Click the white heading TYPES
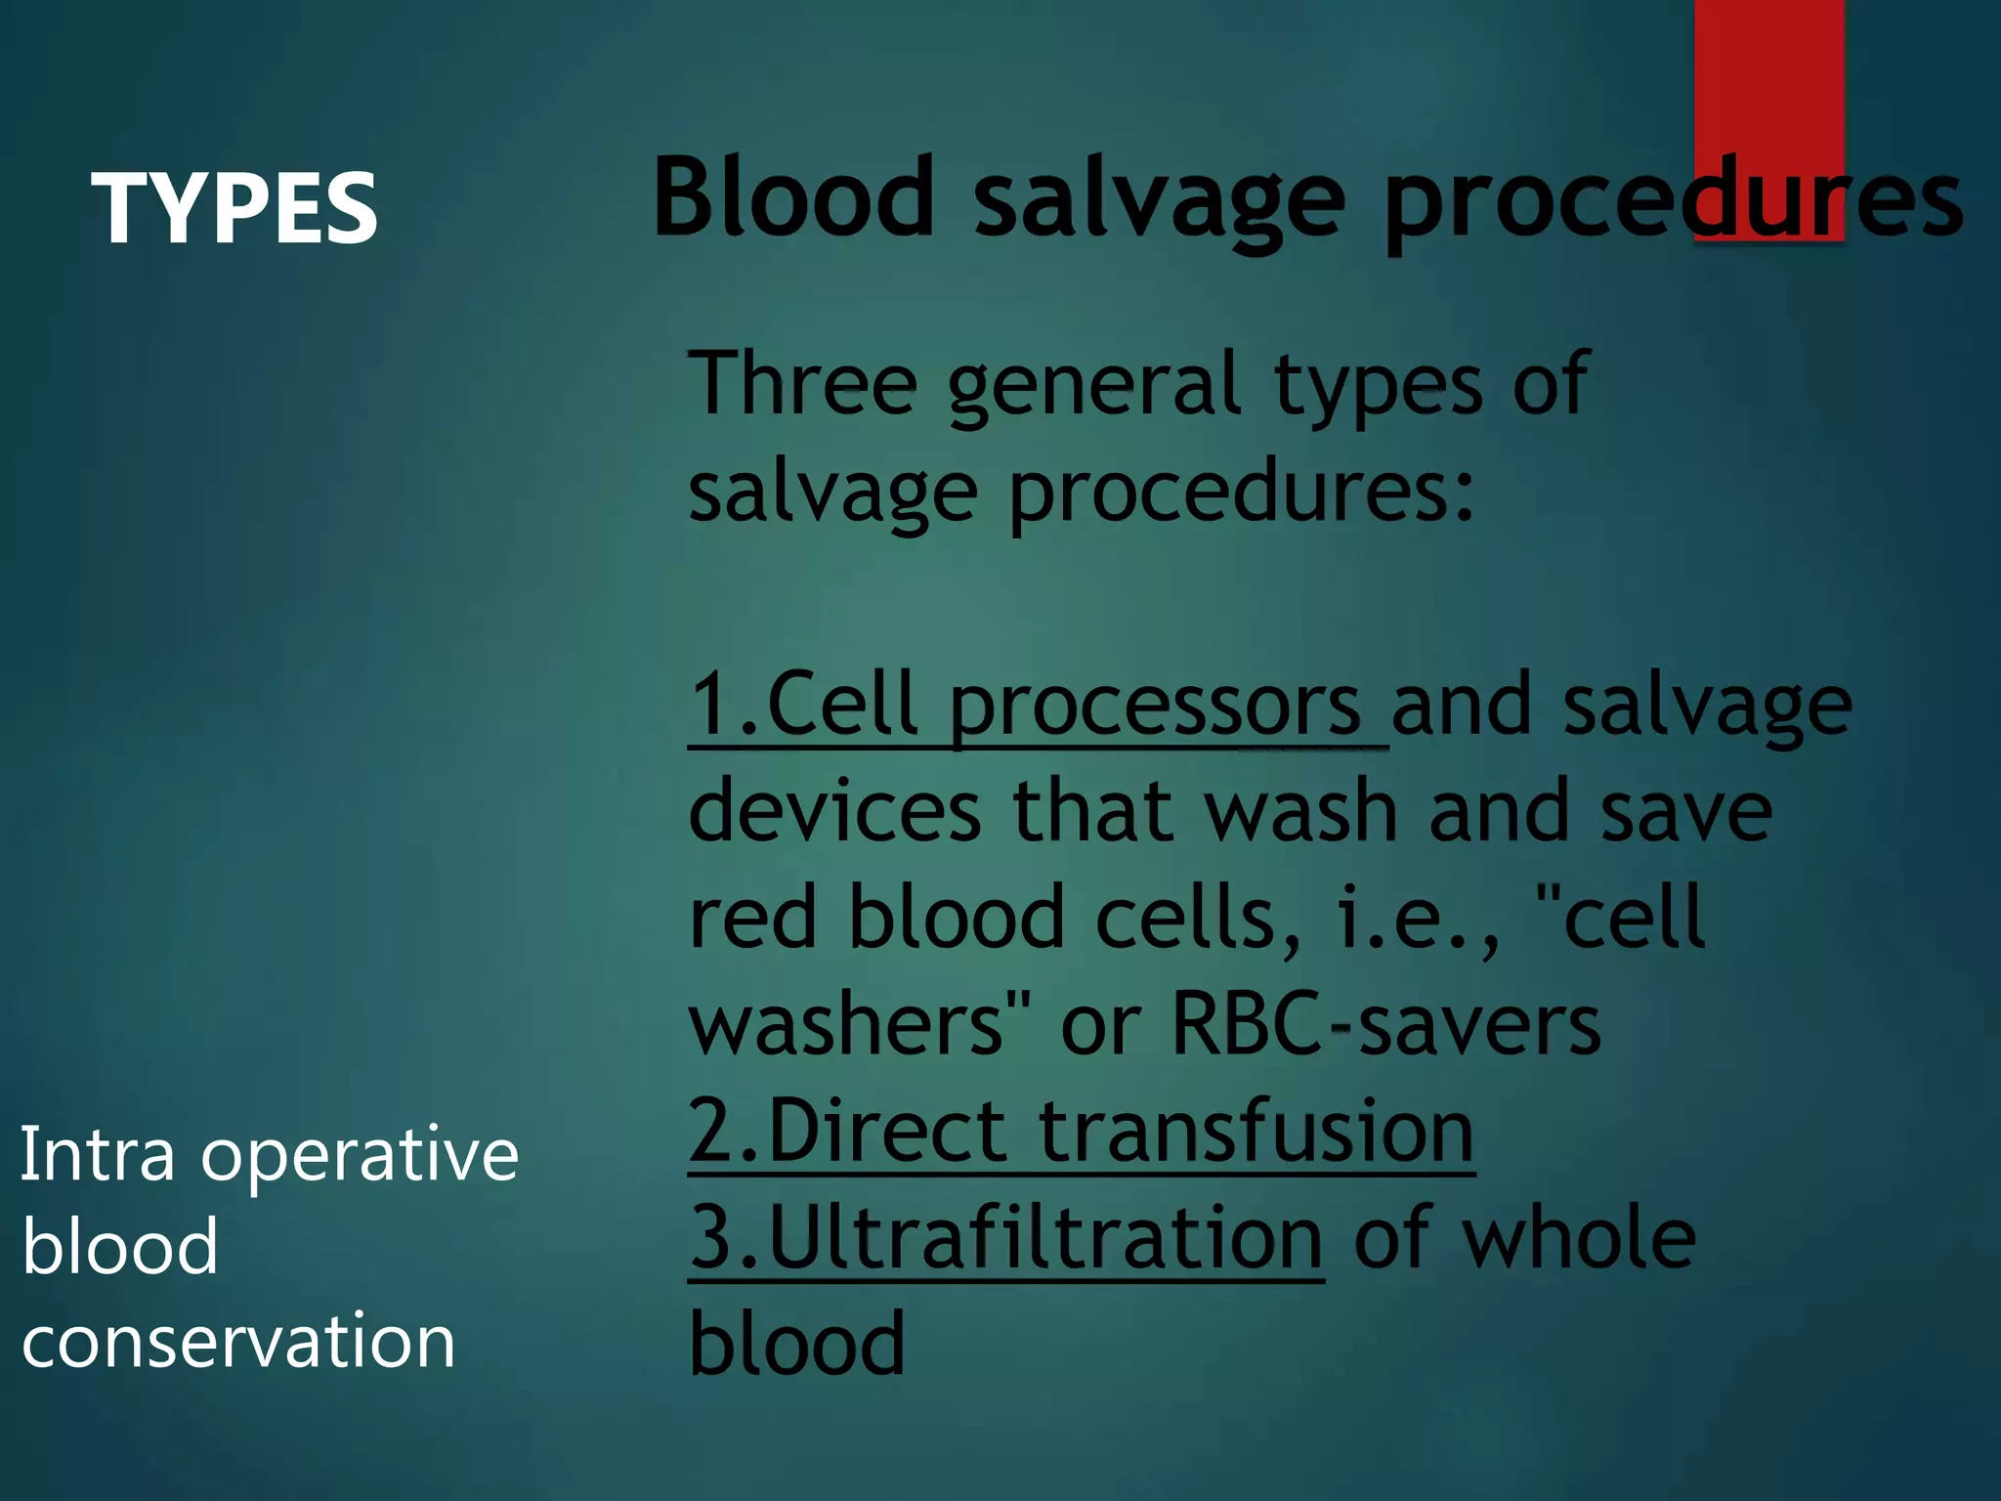click(x=234, y=208)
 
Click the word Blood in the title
click(x=793, y=198)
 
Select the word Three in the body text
click(x=802, y=384)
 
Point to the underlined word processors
click(x=1155, y=706)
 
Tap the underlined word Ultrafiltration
click(x=1045, y=1238)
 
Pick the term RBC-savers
click(x=1385, y=1024)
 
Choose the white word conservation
click(x=238, y=1341)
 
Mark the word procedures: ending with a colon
click(x=1241, y=493)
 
